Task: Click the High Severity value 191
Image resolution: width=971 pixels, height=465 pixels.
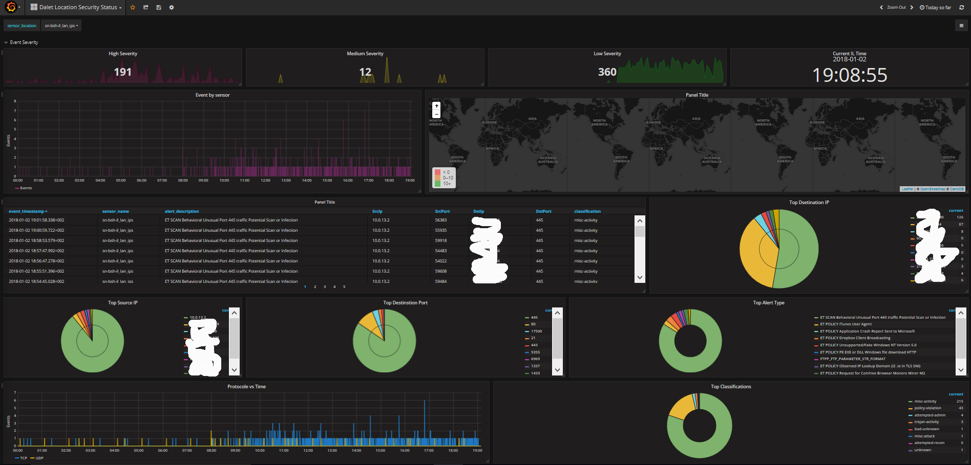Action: (x=123, y=72)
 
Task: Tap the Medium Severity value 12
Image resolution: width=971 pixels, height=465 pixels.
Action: (x=365, y=72)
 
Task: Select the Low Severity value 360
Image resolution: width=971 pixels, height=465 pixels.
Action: (x=607, y=72)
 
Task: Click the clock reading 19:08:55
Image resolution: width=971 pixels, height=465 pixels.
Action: (x=850, y=75)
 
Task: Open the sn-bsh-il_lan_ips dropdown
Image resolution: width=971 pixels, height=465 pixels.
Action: (x=61, y=26)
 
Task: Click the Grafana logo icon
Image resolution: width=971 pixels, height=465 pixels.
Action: (x=11, y=7)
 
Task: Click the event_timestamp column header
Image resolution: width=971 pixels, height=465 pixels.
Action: (x=28, y=211)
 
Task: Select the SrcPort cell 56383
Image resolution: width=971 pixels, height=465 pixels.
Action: (x=441, y=220)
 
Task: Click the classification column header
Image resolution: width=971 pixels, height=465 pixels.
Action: (x=587, y=211)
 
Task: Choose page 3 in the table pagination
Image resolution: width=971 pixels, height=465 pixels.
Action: (x=325, y=287)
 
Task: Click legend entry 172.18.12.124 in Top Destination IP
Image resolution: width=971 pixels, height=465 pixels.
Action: (x=928, y=224)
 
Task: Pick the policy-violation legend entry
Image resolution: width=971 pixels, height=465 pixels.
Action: (x=927, y=408)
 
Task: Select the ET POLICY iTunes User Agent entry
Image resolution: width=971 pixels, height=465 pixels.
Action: (x=846, y=324)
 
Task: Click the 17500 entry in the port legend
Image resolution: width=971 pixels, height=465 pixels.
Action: (x=536, y=331)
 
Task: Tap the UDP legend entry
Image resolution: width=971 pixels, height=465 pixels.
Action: (x=39, y=458)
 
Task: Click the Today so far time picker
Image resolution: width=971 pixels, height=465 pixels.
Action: (x=936, y=7)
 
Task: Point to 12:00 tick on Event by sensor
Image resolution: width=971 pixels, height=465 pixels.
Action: (x=265, y=181)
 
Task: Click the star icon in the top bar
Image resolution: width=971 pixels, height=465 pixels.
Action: (x=133, y=7)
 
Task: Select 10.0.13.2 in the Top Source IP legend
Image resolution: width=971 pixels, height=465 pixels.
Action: (x=198, y=318)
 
